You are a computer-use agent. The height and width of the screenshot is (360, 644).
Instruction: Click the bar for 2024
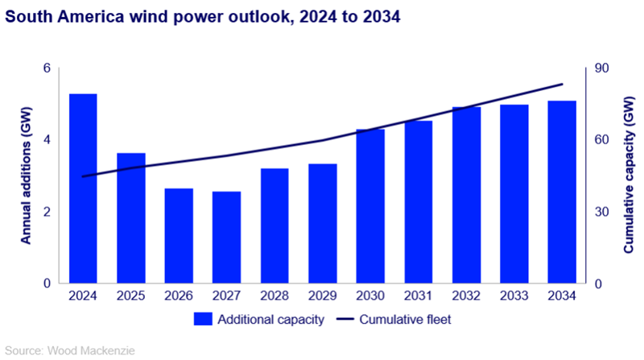coord(83,189)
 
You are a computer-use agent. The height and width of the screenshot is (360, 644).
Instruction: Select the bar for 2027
coord(226,238)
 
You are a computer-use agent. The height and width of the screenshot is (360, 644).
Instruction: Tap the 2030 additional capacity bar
coord(370,206)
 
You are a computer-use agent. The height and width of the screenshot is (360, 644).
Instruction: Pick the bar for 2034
coord(562,192)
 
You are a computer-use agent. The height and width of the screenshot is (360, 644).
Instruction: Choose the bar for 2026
coord(179,236)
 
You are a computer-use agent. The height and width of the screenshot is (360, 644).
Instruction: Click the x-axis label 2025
coord(130,296)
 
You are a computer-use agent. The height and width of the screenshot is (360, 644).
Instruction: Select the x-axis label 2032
coord(466,296)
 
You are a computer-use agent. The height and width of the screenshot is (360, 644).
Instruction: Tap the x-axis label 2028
coord(275,296)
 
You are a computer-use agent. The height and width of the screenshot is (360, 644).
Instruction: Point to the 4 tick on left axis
coord(47,140)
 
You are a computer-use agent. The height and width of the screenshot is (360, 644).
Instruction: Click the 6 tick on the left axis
coord(47,68)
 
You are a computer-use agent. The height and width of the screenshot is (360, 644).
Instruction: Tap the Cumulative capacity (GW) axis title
coord(629,176)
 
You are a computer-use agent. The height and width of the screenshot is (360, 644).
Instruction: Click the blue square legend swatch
coord(201,320)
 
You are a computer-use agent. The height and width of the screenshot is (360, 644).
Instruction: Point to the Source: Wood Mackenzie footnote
coord(60,350)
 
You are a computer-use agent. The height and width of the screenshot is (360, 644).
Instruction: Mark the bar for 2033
coord(514,194)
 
